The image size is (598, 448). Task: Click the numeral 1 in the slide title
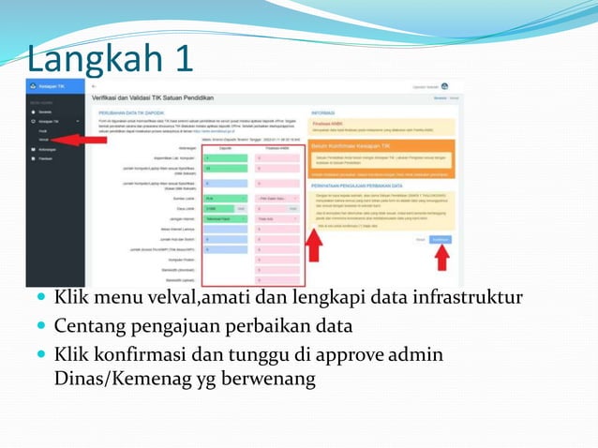point(179,58)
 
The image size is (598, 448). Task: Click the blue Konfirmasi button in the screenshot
point(440,239)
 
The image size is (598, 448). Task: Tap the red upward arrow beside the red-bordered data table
point(315,246)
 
